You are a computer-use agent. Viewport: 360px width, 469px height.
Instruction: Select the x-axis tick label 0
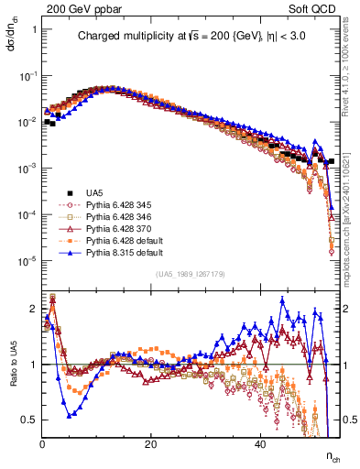coord(43,444)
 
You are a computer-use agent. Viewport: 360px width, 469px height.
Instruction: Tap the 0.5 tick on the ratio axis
coord(30,420)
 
